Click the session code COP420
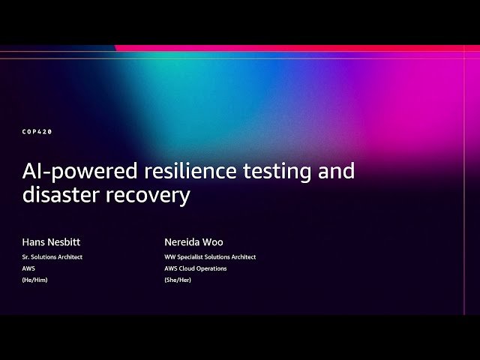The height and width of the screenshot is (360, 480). [x=37, y=132]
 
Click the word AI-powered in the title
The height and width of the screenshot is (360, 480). [x=70, y=172]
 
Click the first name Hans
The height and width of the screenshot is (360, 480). [x=33, y=242]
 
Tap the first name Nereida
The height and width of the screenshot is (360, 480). [x=182, y=242]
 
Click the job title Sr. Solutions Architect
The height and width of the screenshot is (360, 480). [x=52, y=257]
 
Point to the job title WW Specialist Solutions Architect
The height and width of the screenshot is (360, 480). [x=210, y=257]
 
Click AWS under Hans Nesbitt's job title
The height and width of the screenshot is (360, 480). [x=28, y=268]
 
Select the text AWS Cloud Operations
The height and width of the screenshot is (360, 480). [x=196, y=268]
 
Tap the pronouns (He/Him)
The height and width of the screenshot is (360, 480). [x=35, y=280]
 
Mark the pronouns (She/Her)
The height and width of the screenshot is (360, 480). [x=178, y=280]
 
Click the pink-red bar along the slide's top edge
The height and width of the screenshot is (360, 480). [x=300, y=48]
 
